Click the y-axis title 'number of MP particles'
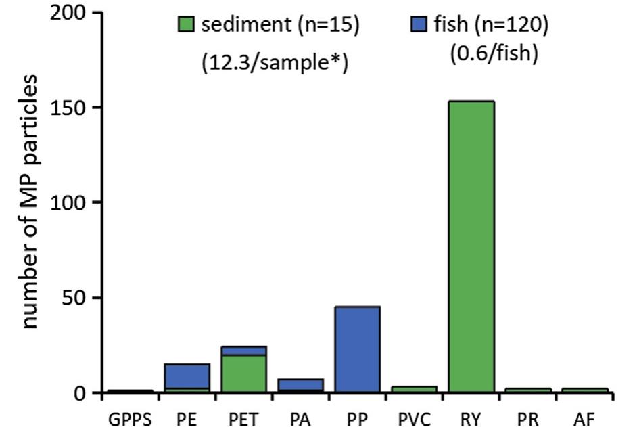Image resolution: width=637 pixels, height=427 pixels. coord(30,203)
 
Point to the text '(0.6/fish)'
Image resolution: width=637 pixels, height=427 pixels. coord(494,54)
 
